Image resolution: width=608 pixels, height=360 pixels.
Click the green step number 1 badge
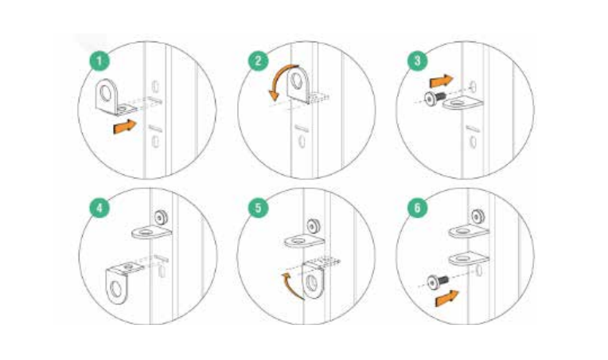(x=99, y=61)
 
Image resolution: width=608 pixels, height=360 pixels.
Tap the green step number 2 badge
(x=259, y=61)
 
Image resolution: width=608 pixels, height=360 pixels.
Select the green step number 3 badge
(x=418, y=61)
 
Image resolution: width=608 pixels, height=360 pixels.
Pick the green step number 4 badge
(x=99, y=209)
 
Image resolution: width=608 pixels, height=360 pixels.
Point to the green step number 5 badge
(x=259, y=209)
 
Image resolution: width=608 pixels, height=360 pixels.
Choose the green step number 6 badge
(x=418, y=209)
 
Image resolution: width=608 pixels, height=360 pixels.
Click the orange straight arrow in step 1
(x=124, y=127)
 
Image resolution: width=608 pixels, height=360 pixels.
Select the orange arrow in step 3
(x=441, y=81)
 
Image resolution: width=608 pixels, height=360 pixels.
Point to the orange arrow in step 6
(x=446, y=299)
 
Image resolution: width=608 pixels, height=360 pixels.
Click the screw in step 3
(x=435, y=98)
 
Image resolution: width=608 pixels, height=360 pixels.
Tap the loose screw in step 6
(x=437, y=281)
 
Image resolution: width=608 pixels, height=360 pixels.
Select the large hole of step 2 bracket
(x=297, y=81)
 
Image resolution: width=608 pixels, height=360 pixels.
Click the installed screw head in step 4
(x=161, y=217)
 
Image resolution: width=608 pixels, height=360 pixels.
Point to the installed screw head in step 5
(x=314, y=225)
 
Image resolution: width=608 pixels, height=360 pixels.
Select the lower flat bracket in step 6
(x=469, y=259)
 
